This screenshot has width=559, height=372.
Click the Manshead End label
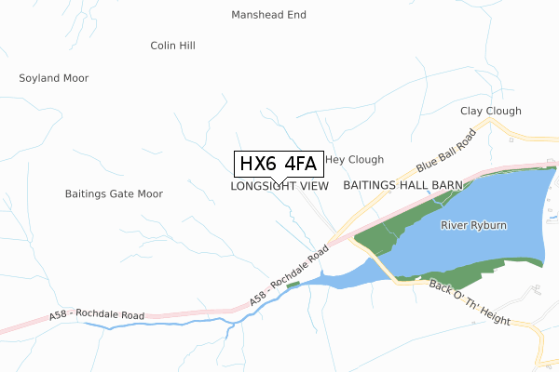(268, 15)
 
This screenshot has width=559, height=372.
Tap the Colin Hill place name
(172, 45)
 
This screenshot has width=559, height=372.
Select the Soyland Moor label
(54, 78)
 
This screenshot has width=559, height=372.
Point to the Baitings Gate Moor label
(114, 194)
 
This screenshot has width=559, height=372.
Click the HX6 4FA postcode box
(278, 165)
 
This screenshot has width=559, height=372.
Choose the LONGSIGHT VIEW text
(279, 186)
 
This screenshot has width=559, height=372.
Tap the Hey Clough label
(354, 160)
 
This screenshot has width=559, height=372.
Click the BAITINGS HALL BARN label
(402, 186)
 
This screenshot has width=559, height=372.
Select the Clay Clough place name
(491, 112)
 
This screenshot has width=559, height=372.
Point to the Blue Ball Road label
(446, 151)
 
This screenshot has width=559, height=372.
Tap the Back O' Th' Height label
(470, 302)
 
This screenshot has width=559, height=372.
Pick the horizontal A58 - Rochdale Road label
(98, 316)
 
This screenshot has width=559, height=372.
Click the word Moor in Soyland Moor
(75, 78)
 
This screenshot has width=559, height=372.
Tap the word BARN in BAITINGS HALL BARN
(446, 186)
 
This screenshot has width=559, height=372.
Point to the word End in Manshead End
(296, 15)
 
